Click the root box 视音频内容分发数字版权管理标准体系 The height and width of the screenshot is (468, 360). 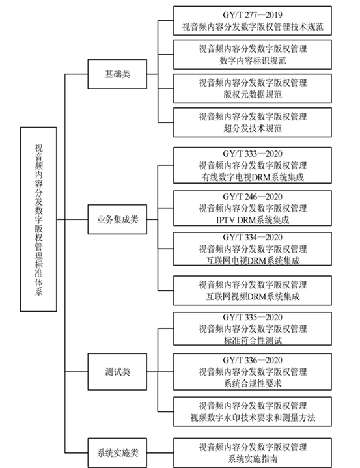(x=38, y=219)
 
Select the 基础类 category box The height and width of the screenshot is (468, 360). (x=117, y=74)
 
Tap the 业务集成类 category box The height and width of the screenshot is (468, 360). (x=117, y=219)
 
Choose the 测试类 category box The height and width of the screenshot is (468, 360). (x=117, y=372)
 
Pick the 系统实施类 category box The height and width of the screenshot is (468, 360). (x=117, y=453)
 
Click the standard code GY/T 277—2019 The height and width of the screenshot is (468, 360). (x=253, y=15)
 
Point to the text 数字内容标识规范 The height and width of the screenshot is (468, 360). (x=253, y=61)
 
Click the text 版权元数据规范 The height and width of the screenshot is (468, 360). (x=253, y=94)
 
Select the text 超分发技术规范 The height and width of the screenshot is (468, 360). (x=253, y=128)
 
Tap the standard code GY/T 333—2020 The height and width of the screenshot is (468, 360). (x=253, y=154)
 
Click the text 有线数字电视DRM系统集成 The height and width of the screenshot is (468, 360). (x=253, y=177)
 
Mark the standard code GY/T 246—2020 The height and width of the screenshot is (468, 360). (x=253, y=197)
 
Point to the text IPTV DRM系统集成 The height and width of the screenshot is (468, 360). (x=253, y=220)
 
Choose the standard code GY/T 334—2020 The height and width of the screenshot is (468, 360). (x=253, y=238)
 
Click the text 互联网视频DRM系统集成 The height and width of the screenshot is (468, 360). (x=253, y=296)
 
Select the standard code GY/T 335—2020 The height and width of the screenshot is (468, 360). (x=253, y=317)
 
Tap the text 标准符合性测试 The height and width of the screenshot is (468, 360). (x=253, y=340)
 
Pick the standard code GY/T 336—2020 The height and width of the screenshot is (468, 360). (x=253, y=360)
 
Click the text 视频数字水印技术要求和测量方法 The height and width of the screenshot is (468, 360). (x=253, y=417)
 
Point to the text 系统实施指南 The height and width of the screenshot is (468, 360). (x=253, y=458)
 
